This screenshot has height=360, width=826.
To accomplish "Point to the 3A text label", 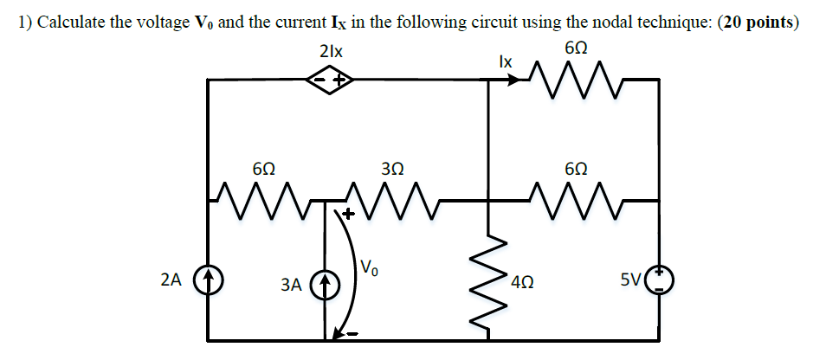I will coord(292,283).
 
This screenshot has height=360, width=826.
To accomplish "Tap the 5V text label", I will coord(631,280).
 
